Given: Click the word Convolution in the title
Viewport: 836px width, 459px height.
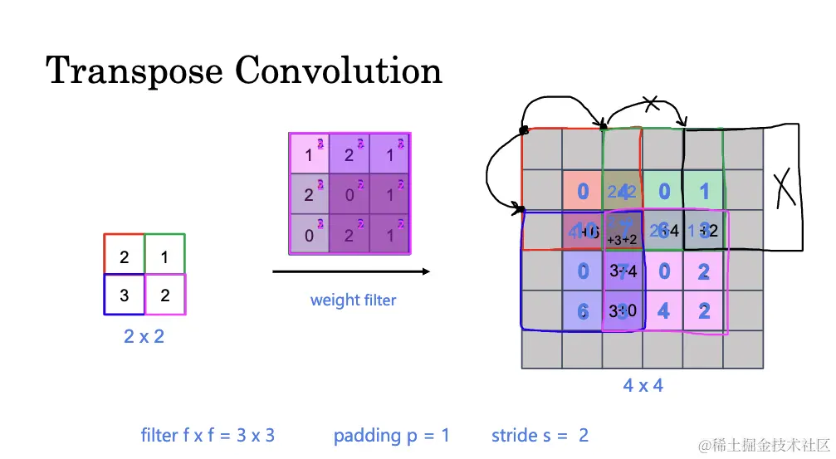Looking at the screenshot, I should point(339,71).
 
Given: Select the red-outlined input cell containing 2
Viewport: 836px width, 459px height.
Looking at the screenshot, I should point(125,255).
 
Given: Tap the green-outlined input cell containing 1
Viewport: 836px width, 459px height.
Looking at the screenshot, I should point(164,255).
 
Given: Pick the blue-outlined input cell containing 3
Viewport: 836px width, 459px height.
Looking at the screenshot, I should point(125,295).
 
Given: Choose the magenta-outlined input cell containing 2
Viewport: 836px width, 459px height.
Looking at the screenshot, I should point(164,295).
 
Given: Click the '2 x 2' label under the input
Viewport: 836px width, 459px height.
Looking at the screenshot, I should point(144,337).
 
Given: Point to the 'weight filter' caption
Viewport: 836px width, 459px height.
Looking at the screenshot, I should point(353,300).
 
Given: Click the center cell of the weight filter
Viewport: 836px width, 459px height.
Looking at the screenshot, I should point(350,194).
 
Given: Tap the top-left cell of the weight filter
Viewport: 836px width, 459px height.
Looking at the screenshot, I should point(309,154).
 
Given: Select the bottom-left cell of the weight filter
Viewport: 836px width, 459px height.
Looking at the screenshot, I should point(309,235).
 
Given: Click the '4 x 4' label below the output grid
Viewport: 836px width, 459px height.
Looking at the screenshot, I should point(643,385).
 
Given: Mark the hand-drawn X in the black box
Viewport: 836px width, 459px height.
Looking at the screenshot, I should point(782,188).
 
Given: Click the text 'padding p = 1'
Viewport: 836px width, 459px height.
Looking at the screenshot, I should point(392,435).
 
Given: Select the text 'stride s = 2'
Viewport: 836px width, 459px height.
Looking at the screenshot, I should point(540,435).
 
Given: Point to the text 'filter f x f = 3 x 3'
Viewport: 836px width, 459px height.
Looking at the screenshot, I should point(208,435).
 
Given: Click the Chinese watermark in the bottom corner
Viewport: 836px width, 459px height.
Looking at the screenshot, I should point(764,446).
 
